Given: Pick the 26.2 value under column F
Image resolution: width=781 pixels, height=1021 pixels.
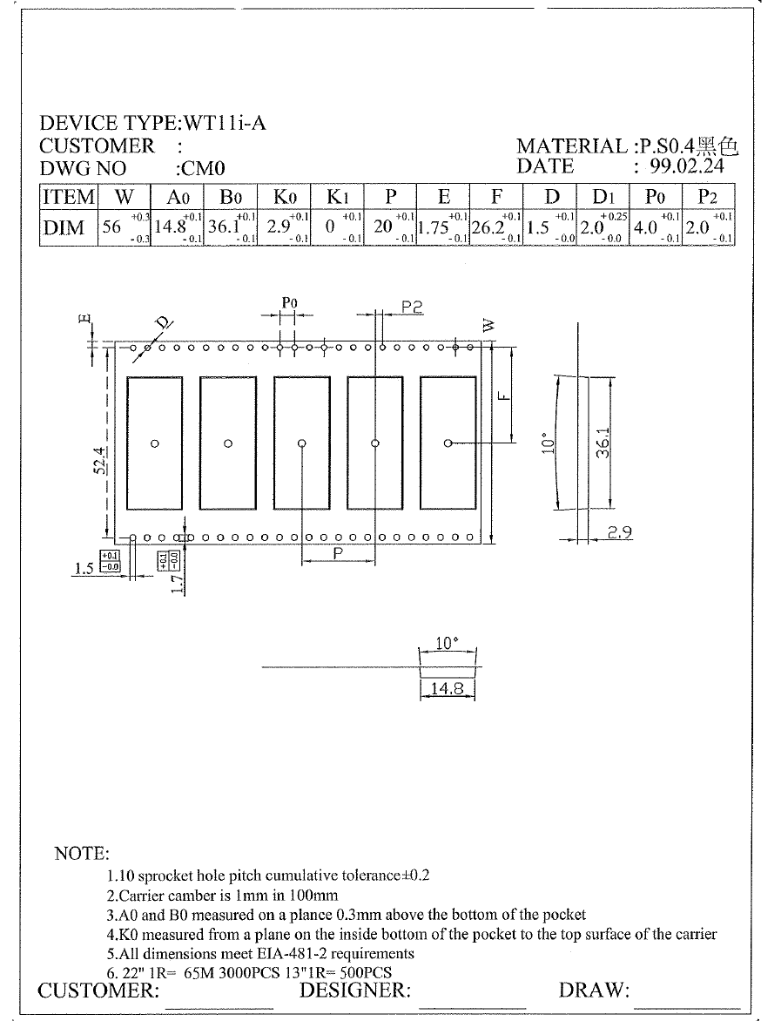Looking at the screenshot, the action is [487, 228].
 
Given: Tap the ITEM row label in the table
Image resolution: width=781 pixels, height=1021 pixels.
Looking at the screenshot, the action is [69, 197].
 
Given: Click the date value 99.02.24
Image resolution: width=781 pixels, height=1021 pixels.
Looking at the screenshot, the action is [687, 166].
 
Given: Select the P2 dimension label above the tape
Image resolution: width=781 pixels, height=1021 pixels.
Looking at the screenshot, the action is [412, 307].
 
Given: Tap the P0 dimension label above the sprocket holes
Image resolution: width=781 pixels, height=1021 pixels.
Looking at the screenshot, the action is [290, 303].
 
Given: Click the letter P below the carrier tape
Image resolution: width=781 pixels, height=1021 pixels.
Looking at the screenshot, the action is [338, 554].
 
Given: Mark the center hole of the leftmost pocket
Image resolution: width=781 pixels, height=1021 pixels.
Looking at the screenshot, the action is [154, 443].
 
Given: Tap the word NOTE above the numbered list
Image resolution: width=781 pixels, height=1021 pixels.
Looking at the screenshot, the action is [82, 854].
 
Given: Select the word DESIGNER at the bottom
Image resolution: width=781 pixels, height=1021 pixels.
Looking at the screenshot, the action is [354, 991].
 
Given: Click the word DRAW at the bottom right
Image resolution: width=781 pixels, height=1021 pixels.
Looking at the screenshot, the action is [594, 991].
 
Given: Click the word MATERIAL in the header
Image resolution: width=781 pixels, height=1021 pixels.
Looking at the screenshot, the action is [571, 146].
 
